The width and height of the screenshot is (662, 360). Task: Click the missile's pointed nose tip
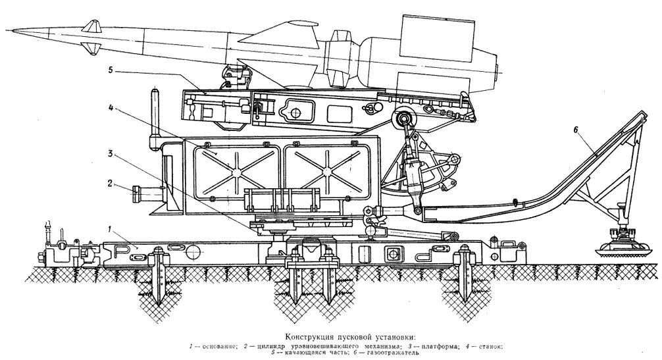pos(5,30)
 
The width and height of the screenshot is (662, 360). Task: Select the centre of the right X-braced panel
pos(325,170)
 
